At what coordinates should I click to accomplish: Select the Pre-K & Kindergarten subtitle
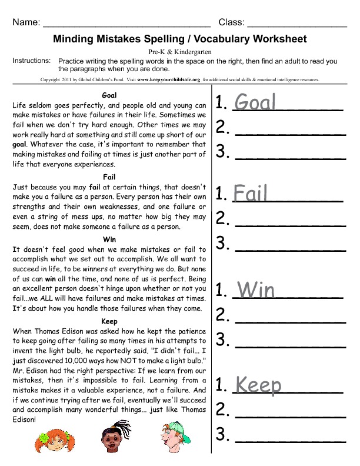180,52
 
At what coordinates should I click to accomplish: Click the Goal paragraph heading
109,95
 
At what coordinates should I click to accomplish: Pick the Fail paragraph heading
109,177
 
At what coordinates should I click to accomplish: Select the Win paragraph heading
109,239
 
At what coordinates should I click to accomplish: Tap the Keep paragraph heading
109,321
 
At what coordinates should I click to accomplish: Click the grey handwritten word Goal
255,103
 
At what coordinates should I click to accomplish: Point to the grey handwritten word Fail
251,193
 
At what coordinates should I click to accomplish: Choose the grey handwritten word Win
256,289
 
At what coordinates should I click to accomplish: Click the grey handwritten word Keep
258,385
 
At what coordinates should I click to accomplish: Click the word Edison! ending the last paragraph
24,420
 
